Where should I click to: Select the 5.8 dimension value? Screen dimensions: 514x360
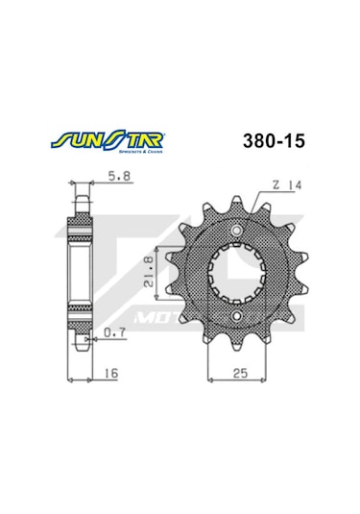(x=114, y=177)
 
